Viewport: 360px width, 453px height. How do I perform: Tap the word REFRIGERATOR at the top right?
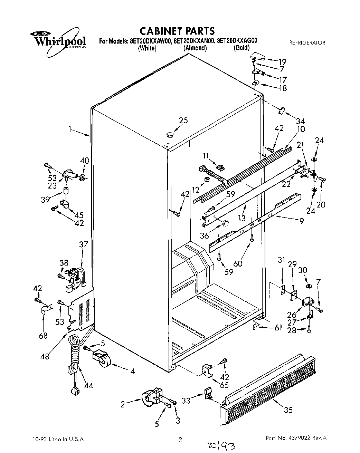(x=307, y=43)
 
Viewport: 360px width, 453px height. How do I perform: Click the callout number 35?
(x=288, y=410)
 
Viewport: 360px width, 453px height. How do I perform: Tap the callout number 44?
(x=88, y=385)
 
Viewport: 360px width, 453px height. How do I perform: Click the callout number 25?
(x=183, y=121)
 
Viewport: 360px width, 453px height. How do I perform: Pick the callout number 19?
(x=282, y=62)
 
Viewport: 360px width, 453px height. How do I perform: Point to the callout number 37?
(x=83, y=245)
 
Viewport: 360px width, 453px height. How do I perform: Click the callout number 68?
(x=43, y=335)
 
